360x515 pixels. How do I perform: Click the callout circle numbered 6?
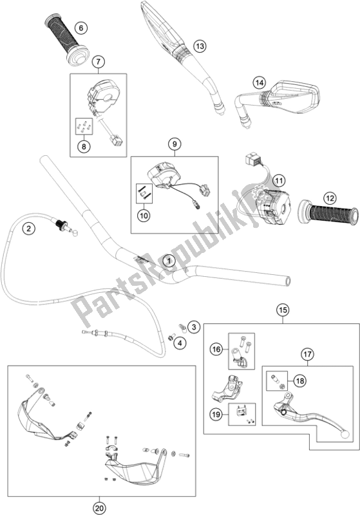[x=81, y=28]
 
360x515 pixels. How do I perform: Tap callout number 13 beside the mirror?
[x=200, y=46]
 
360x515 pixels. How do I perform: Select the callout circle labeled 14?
[x=260, y=83]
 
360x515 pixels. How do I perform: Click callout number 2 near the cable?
[x=29, y=229]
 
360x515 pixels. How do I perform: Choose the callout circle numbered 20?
[x=100, y=508]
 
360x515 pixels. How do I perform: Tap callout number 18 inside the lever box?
[x=300, y=380]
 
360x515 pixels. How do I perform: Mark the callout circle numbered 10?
[x=144, y=216]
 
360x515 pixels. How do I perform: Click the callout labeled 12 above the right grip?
[x=330, y=198]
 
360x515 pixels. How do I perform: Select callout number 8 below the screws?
[x=84, y=146]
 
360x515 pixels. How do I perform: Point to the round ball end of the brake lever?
[x=345, y=434]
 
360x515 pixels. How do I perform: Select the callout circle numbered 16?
[x=216, y=350]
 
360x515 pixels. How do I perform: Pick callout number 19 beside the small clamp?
[x=216, y=415]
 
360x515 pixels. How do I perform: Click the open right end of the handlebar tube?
[x=288, y=281]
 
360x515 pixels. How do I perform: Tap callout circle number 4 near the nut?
[x=180, y=344]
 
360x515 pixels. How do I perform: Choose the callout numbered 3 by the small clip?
[x=194, y=327]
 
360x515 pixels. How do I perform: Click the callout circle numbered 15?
[x=283, y=310]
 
